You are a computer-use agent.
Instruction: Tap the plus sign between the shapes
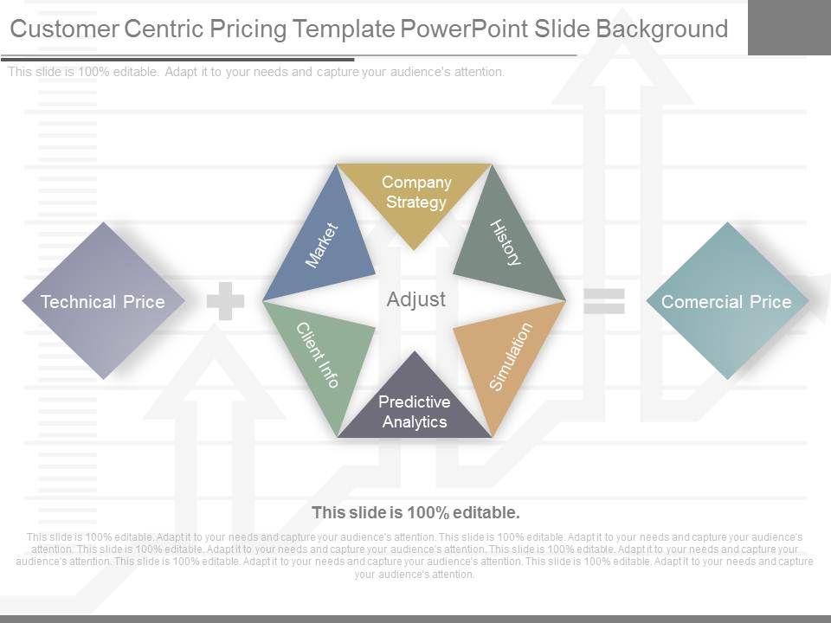point(225,301)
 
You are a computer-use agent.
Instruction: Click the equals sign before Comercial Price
point(603,301)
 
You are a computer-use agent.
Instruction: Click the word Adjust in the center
point(415,299)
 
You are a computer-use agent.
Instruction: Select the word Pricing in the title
point(246,29)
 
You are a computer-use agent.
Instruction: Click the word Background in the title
point(662,29)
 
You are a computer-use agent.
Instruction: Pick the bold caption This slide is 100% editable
point(415,512)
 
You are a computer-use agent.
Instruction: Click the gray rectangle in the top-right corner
point(789,27)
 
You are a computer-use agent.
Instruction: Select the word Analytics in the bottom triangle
point(415,422)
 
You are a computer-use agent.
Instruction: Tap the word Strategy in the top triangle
point(416,202)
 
